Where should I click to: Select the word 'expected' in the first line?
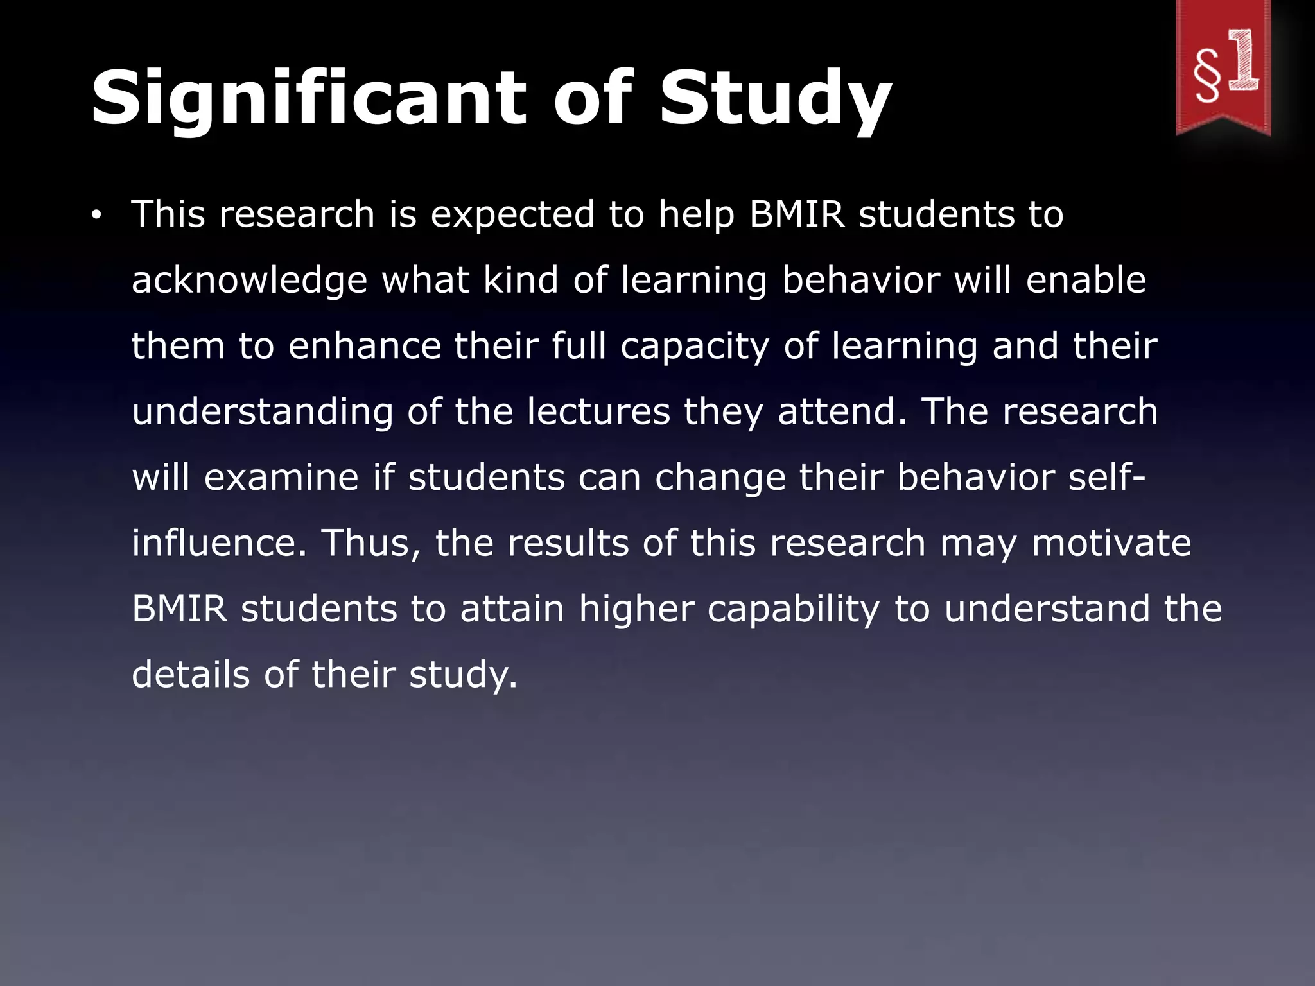512,214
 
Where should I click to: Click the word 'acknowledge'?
249,281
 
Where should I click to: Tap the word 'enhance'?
364,346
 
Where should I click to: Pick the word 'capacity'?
694,347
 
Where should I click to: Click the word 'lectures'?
598,411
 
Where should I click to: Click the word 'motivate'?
1111,543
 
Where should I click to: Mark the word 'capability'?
793,610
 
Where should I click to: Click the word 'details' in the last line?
191,675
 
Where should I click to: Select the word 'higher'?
636,610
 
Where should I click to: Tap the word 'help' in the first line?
696,216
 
